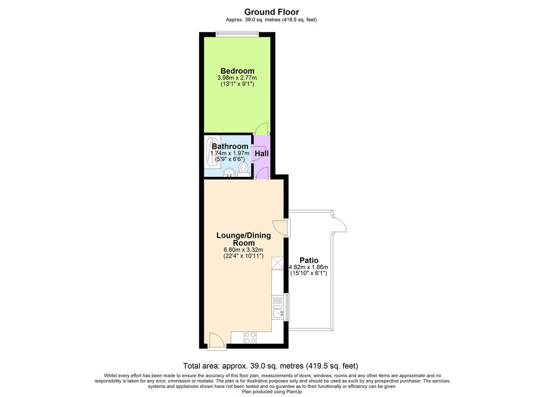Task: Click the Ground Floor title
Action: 271,12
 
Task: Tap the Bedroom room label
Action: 237,71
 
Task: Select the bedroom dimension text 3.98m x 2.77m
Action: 237,78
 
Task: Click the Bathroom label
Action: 230,147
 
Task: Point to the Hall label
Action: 262,153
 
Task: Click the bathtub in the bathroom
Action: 211,153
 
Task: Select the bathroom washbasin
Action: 228,173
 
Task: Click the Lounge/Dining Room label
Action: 244,239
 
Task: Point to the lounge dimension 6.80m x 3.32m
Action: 243,250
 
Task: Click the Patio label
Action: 309,260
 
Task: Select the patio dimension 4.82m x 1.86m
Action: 309,267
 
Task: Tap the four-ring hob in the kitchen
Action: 250,337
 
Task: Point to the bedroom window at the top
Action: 237,34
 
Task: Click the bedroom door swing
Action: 261,129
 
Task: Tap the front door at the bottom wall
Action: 217,341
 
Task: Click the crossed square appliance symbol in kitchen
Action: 278,263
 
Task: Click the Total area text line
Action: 270,366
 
